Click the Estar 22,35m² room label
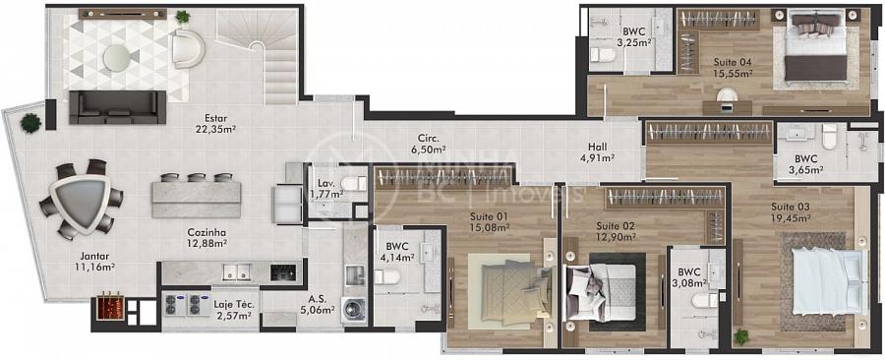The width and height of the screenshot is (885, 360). pos(212,124)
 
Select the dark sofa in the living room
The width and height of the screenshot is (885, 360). pos(117,106)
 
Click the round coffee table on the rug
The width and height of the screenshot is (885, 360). pos(117,58)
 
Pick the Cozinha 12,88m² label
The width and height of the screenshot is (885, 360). pos(206,238)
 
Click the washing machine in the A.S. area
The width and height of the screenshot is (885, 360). pos(354,311)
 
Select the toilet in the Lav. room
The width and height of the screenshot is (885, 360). pos(354,183)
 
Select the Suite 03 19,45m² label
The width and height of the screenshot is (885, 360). pos(791,211)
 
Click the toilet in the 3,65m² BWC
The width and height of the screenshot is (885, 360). pos(829,137)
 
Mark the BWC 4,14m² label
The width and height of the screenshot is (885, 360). pos(400,252)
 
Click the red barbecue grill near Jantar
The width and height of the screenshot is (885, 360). pos(110,307)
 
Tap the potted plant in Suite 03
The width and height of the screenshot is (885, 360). pos(741,336)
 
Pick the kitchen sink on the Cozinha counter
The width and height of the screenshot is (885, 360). pos(236,272)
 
